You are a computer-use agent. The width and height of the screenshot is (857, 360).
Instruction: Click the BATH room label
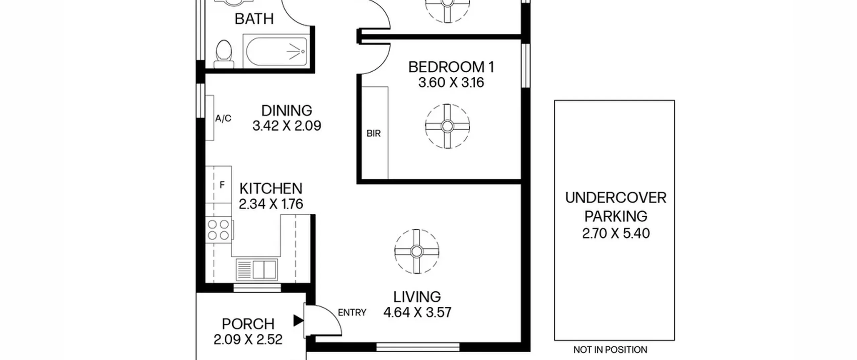(254, 19)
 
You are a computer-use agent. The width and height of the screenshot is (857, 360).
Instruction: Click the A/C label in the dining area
(223, 119)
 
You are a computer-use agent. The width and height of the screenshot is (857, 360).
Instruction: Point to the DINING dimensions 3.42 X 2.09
(287, 126)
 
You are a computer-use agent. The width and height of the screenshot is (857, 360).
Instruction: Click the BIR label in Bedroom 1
(374, 134)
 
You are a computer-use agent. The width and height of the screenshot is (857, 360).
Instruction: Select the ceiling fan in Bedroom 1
(447, 126)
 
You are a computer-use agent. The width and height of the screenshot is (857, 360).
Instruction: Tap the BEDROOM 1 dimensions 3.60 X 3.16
(451, 82)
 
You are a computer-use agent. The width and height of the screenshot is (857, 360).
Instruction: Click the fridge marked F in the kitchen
(218, 185)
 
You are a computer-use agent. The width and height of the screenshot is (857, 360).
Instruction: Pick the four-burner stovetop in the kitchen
(219, 230)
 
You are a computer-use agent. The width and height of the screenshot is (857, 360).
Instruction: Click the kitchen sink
(257, 270)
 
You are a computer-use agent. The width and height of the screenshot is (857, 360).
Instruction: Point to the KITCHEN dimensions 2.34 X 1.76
(271, 204)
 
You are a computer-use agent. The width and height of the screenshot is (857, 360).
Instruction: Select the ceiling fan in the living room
(416, 251)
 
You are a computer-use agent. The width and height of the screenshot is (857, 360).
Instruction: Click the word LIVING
(417, 297)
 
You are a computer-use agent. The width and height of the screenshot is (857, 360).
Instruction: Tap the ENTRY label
(352, 312)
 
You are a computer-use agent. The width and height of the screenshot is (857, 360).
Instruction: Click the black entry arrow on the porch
(298, 320)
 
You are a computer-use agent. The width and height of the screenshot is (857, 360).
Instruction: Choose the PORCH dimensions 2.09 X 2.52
(248, 340)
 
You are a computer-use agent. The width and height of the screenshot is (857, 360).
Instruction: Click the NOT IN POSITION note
(610, 350)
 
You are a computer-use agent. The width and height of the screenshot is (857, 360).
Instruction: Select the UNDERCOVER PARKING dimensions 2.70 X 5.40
(616, 233)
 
